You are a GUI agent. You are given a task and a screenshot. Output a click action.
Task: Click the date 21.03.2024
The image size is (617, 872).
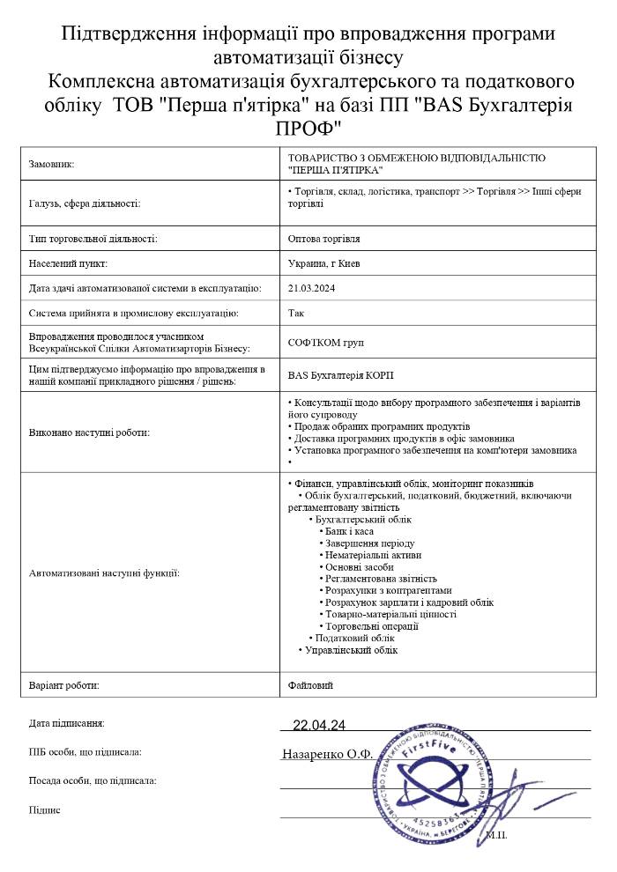(308, 288)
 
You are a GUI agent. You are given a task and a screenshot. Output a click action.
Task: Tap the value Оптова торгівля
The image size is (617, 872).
(323, 239)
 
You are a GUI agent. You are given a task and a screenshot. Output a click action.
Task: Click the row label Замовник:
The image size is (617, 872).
(52, 164)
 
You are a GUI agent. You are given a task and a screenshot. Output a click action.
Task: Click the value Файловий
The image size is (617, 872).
(310, 684)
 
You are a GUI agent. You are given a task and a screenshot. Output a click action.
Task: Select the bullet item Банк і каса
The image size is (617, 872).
(350, 532)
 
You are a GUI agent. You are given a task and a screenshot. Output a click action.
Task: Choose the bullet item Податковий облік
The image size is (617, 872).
(354, 637)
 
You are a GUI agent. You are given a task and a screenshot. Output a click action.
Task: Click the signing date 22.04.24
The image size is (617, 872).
(318, 725)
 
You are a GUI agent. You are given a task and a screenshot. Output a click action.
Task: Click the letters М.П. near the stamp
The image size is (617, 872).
(496, 833)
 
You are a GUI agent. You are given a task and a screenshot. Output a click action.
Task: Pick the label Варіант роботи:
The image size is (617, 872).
(64, 684)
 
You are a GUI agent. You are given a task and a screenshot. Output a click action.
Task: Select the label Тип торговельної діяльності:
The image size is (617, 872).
(93, 239)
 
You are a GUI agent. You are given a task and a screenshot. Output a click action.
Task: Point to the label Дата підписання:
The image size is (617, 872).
(67, 723)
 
